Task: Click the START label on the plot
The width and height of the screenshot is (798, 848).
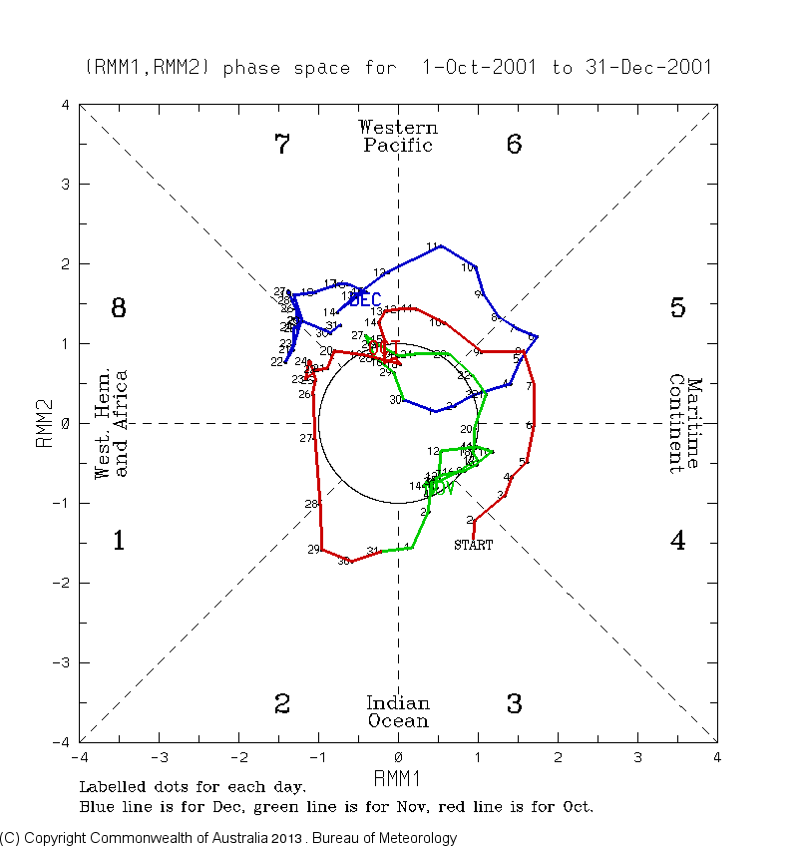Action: (x=473, y=545)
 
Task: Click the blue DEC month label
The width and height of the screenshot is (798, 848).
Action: (x=364, y=299)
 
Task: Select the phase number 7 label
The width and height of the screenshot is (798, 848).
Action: (x=282, y=145)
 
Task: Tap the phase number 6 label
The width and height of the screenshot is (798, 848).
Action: (x=514, y=145)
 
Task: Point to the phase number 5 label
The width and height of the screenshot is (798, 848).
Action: (x=677, y=308)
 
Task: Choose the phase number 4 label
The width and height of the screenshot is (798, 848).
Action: (x=677, y=541)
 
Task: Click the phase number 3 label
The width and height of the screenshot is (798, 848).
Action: (x=514, y=704)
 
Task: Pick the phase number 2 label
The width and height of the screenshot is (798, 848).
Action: (x=282, y=704)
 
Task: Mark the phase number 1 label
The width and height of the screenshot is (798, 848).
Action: (x=119, y=541)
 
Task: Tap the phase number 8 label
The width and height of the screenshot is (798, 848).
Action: (x=119, y=308)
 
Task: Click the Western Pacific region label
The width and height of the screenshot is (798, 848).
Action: (x=398, y=137)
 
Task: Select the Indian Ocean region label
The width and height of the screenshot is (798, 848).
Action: (x=398, y=712)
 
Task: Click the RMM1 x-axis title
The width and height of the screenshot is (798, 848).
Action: (x=398, y=776)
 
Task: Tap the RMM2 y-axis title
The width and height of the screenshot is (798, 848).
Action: (x=45, y=424)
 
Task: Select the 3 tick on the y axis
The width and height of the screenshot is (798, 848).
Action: (x=66, y=185)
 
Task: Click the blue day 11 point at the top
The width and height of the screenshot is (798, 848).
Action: (x=440, y=245)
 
